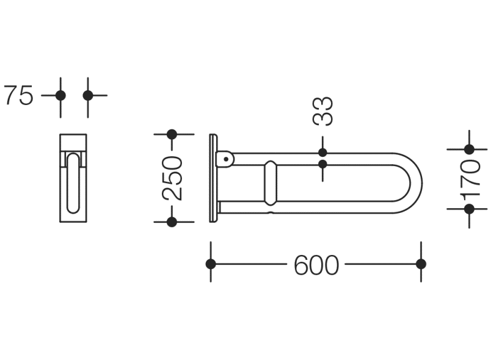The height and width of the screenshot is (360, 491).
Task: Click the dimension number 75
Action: point(19,95)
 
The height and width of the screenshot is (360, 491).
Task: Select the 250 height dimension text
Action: point(172,178)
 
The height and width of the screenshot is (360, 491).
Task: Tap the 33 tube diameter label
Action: point(323,111)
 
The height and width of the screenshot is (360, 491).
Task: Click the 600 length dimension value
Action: point(316,265)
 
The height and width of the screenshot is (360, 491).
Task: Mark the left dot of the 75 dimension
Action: point(60,95)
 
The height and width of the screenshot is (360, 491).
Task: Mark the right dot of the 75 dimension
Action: point(88,95)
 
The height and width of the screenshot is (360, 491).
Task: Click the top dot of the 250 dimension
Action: point(172,134)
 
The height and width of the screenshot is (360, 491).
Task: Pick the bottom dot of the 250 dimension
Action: point(172,222)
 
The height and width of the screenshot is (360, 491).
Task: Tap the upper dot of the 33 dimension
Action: point(323,153)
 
